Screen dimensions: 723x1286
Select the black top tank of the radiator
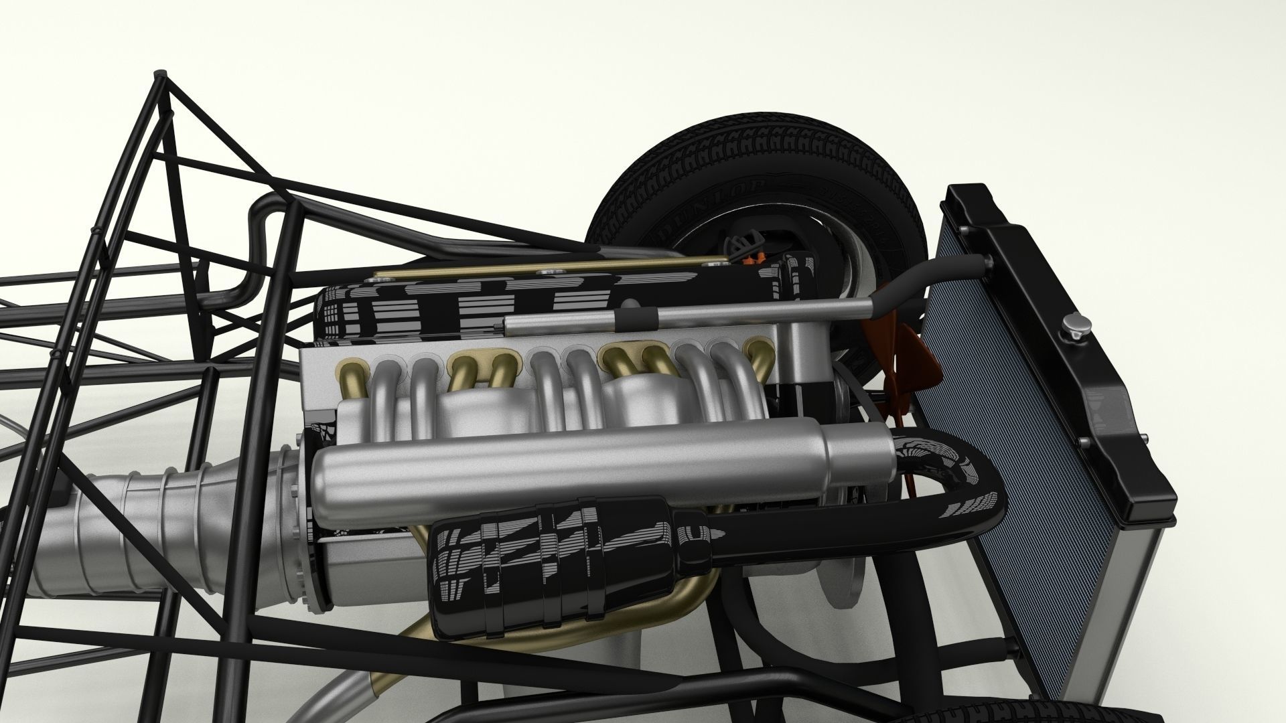pyautogui.click(x=1072, y=375)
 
